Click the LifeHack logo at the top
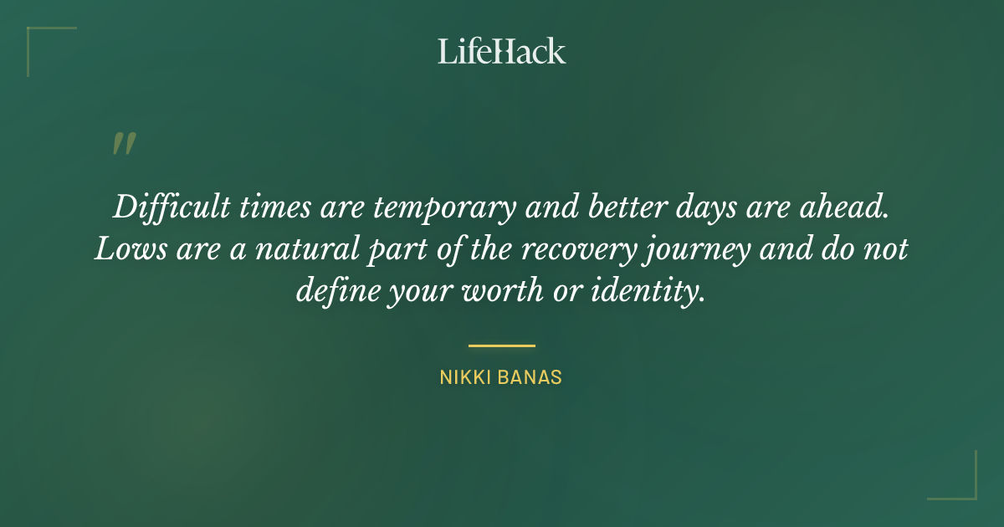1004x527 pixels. pos(502,51)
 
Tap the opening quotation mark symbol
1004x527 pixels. pos(123,144)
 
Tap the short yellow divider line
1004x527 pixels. pos(501,345)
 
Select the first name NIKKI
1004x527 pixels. pos(465,378)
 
